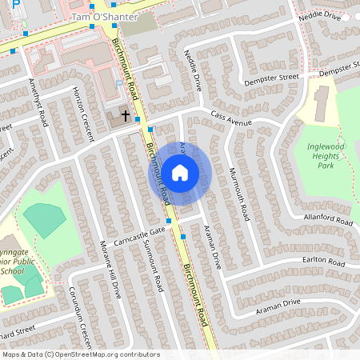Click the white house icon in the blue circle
180,171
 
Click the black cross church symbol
125,115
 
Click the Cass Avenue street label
231,119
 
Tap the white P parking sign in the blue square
15,5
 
